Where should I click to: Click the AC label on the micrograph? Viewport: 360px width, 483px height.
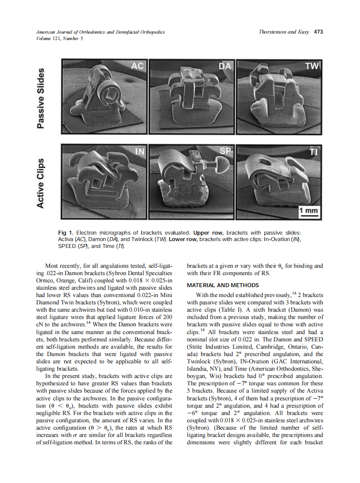[x=137, y=66]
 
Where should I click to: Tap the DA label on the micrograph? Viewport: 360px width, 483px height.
[x=225, y=66]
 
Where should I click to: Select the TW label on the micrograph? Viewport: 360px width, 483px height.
[x=312, y=66]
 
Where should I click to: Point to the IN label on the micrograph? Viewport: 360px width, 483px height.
[x=140, y=151]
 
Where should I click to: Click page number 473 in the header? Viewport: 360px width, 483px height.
[x=318, y=32]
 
